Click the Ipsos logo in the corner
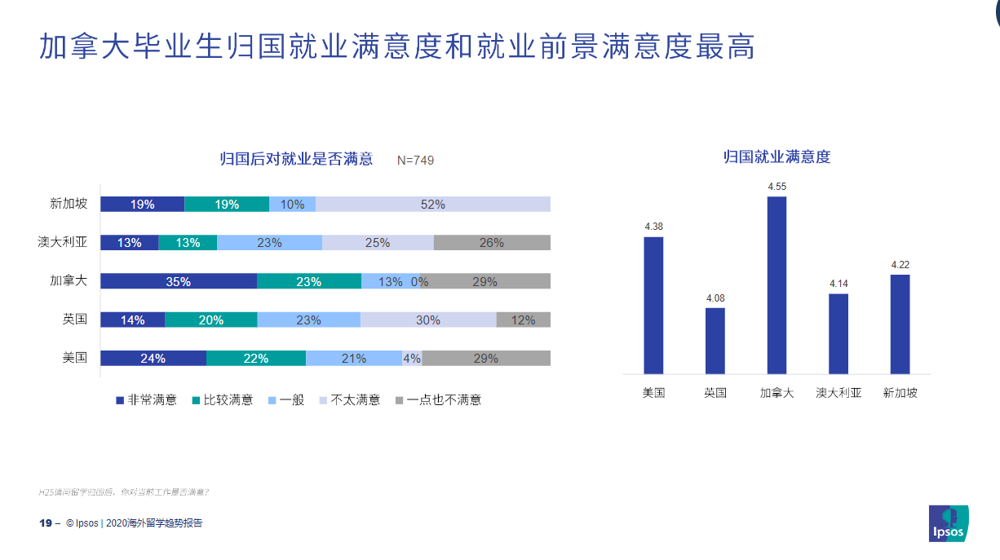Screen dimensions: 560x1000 [949, 523]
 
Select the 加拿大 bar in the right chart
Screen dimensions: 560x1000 [777, 285]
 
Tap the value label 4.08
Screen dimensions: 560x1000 [715, 298]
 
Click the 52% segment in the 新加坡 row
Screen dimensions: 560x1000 [433, 205]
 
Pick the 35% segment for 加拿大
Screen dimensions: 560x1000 [179, 281]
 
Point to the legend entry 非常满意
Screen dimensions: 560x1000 [147, 400]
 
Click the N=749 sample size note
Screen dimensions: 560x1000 [415, 161]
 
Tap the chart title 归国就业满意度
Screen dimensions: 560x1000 [777, 157]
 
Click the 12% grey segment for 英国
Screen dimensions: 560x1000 [524, 320]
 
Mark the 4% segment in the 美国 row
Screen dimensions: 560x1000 [412, 359]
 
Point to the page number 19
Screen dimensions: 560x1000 [46, 523]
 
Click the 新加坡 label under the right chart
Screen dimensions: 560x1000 [900, 393]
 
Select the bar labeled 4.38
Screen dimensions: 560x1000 [653, 306]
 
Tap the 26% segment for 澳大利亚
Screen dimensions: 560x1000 [492, 243]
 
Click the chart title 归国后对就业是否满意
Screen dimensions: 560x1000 [297, 159]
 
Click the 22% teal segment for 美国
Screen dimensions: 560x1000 [256, 359]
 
